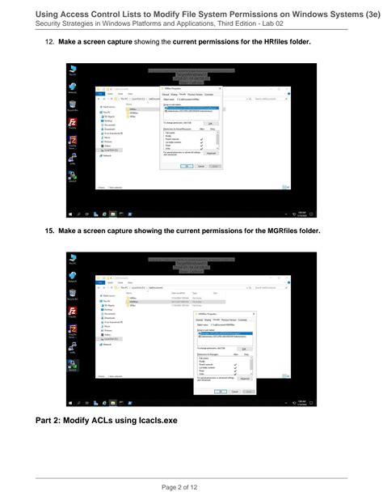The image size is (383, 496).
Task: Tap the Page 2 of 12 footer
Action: [191, 485]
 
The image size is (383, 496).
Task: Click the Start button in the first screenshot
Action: [72, 214]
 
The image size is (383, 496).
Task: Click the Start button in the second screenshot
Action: [72, 403]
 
